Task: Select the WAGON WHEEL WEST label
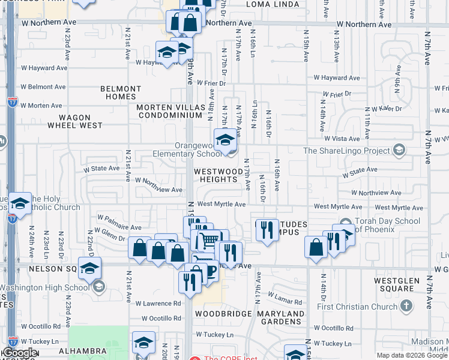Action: (x=75, y=122)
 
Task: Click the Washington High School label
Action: (x=45, y=287)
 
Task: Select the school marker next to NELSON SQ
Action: (x=89, y=268)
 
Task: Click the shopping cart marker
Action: (x=209, y=241)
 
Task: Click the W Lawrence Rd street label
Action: (x=158, y=303)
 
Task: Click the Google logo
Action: (x=19, y=353)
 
